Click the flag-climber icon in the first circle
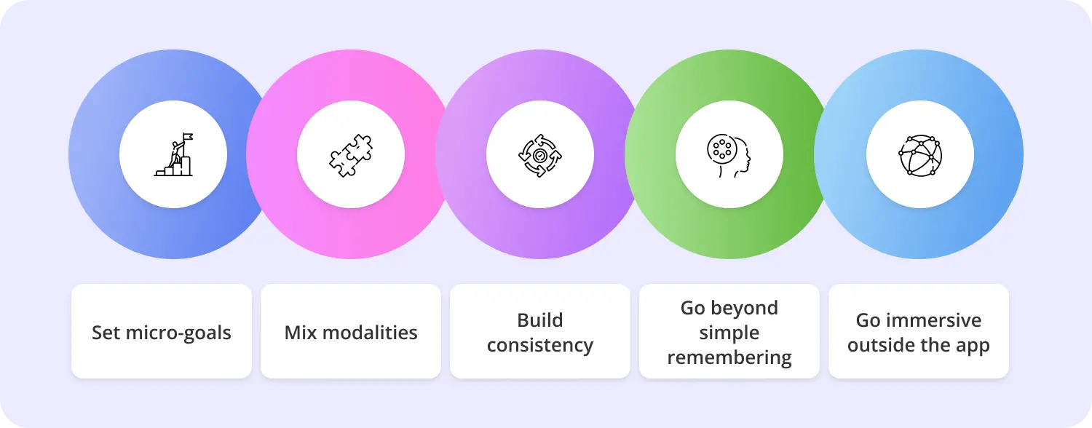coord(173,154)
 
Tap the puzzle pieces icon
coord(351,155)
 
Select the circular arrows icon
coord(540,156)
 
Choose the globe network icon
coord(920,156)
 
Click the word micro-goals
coord(178,333)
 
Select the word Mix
coord(300,333)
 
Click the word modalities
coord(370,333)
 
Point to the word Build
coord(540,320)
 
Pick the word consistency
coord(540,346)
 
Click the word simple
coord(729,333)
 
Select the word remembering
coord(729,358)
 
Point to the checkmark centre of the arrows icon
coord(539,156)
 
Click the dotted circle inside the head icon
coord(722,148)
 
